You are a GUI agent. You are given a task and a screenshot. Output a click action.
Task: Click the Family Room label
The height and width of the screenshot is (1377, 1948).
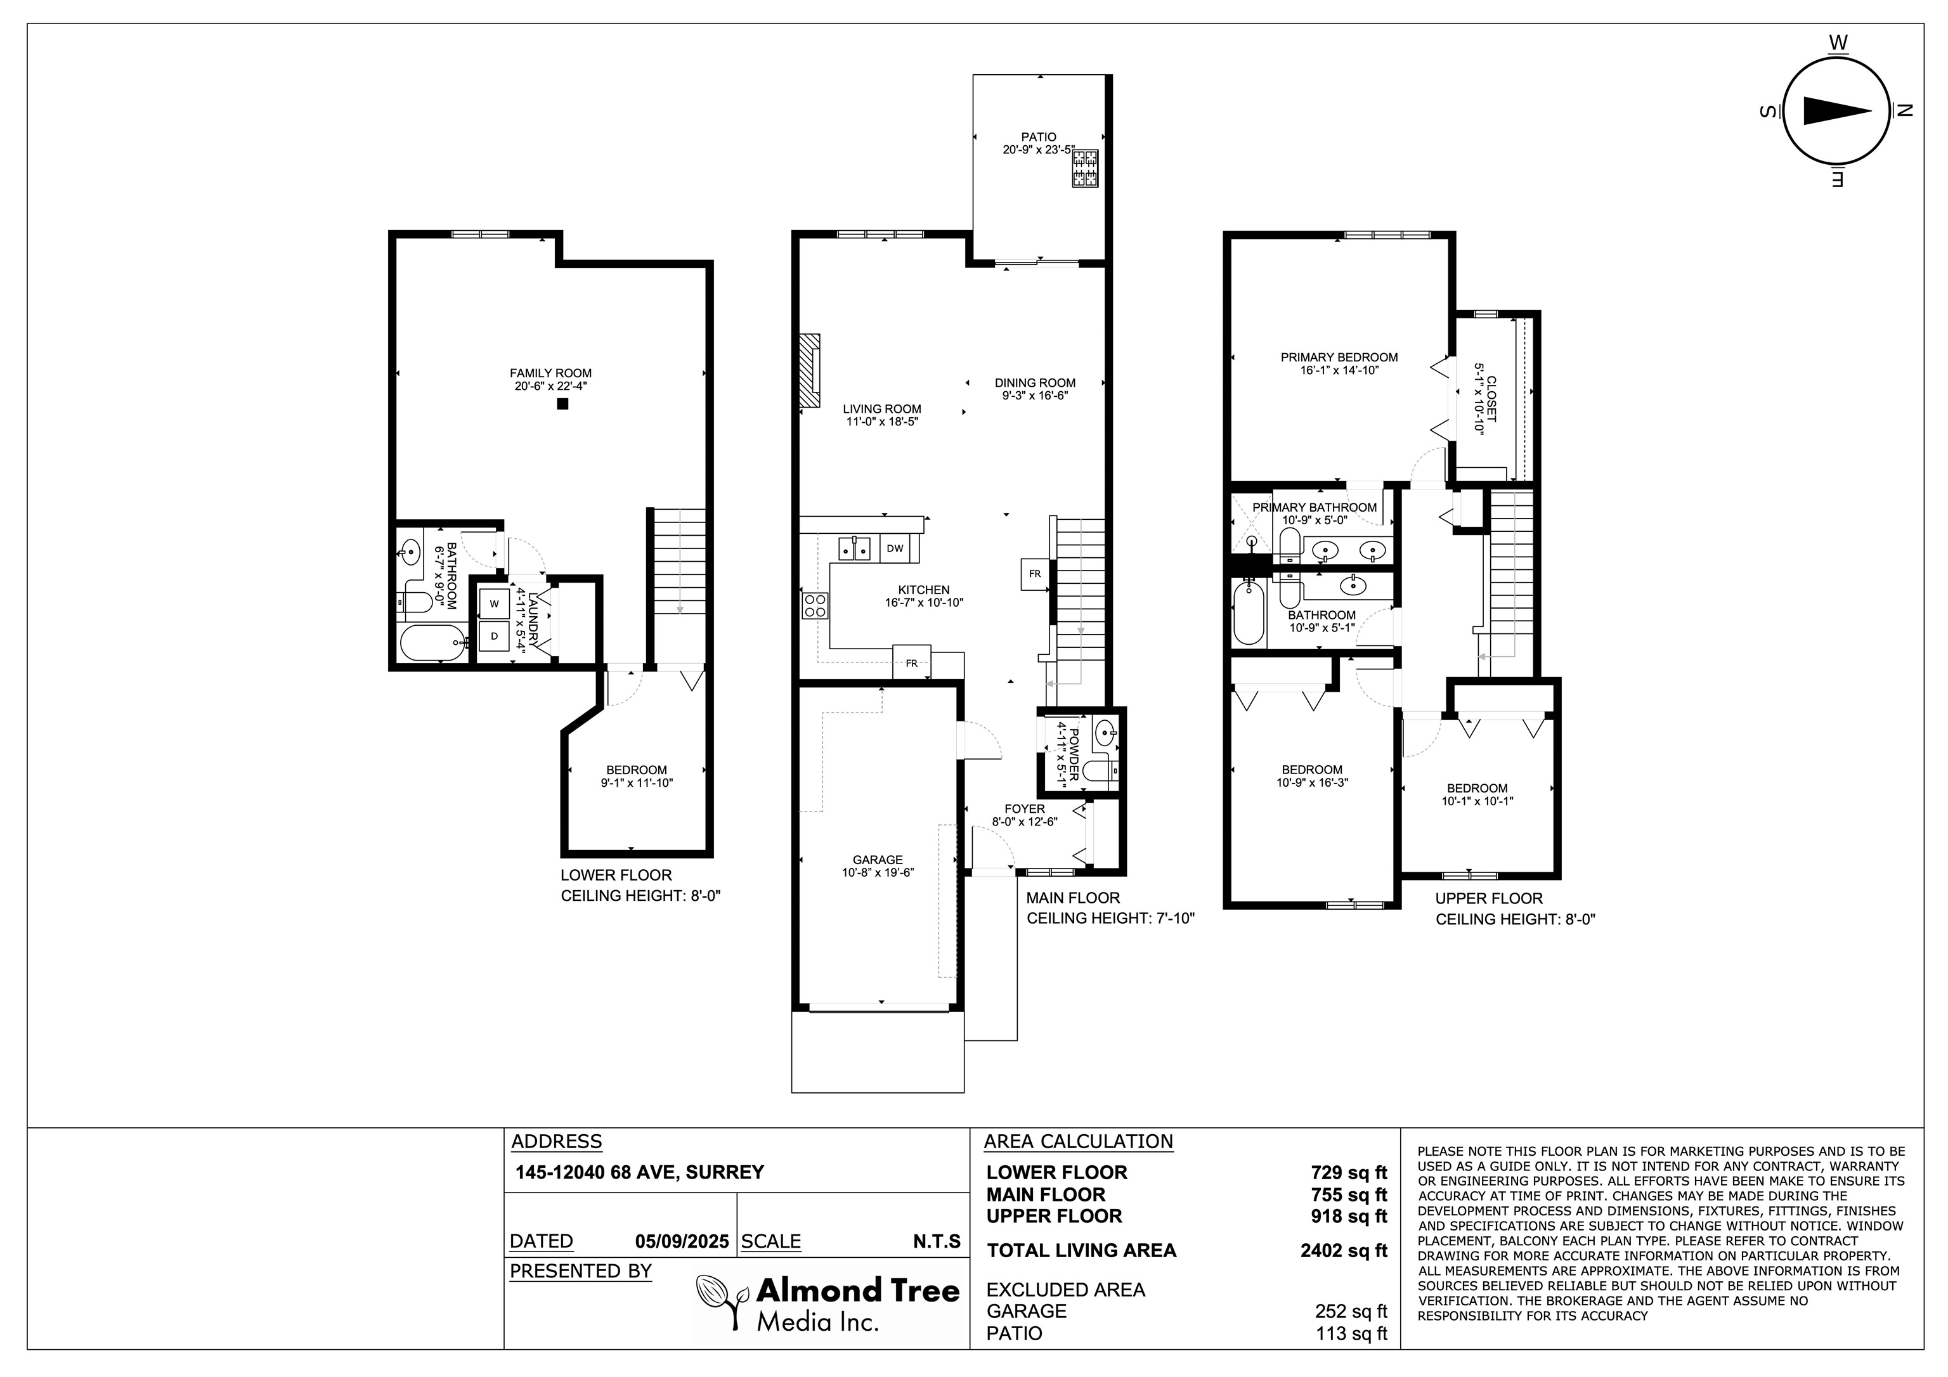(550, 373)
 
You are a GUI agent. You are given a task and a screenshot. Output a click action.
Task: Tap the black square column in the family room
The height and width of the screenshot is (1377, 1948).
(562, 404)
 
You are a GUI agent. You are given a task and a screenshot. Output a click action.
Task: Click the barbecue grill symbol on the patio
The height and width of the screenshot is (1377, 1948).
(1085, 168)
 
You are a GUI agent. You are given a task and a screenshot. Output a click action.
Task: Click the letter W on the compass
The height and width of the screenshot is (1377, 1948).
(1838, 42)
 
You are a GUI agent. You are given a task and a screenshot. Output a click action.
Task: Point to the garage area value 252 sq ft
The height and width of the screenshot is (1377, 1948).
(1351, 1311)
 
